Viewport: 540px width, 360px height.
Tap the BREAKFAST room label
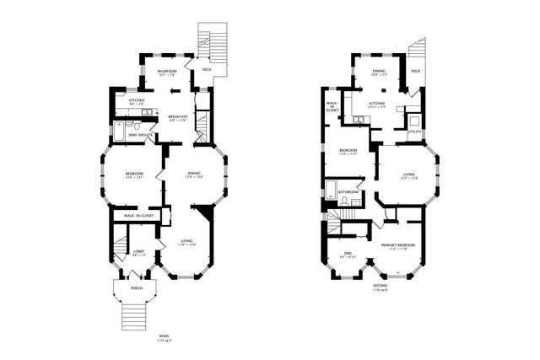[x=177, y=116]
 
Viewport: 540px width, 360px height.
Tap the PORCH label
[x=136, y=288]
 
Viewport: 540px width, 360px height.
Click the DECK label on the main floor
[x=207, y=70]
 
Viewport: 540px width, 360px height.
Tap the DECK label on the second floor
[x=415, y=72]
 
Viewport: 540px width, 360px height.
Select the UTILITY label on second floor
[x=414, y=132]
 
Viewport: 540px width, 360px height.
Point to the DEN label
[x=347, y=253]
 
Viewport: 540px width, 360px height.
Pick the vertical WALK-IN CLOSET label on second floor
[x=333, y=107]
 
